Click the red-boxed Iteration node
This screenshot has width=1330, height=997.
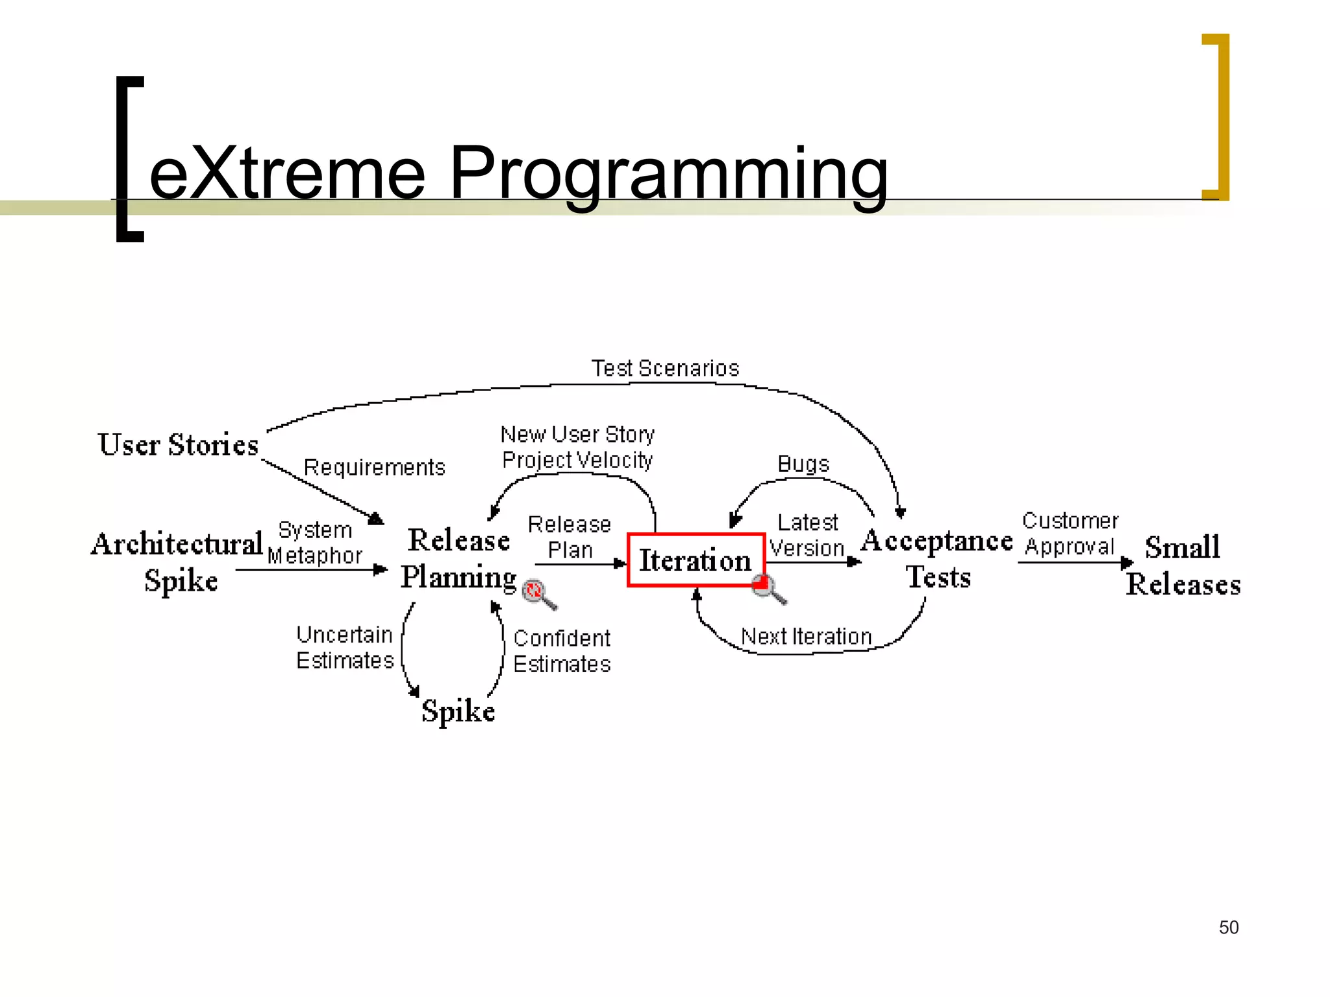(696, 560)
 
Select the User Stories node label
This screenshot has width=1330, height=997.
(178, 445)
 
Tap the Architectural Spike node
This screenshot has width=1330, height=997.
(177, 561)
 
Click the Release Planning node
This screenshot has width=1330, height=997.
(458, 559)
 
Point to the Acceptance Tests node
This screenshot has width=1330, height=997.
(937, 559)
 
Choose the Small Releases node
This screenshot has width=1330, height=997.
(1183, 565)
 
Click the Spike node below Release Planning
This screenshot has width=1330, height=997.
(458, 711)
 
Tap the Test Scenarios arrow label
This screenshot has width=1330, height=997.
(665, 369)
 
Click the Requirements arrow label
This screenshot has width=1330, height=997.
(374, 467)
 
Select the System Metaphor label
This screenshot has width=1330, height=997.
(315, 543)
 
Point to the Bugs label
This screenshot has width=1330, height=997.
(803, 464)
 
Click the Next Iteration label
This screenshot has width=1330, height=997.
(806, 637)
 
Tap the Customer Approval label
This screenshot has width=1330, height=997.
(1070, 534)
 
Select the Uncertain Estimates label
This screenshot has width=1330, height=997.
(345, 647)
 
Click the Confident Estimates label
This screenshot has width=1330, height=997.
(562, 651)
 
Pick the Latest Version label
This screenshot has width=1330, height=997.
(807, 535)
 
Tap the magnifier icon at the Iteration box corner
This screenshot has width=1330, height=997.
(768, 588)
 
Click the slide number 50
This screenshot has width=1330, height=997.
(1228, 927)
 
